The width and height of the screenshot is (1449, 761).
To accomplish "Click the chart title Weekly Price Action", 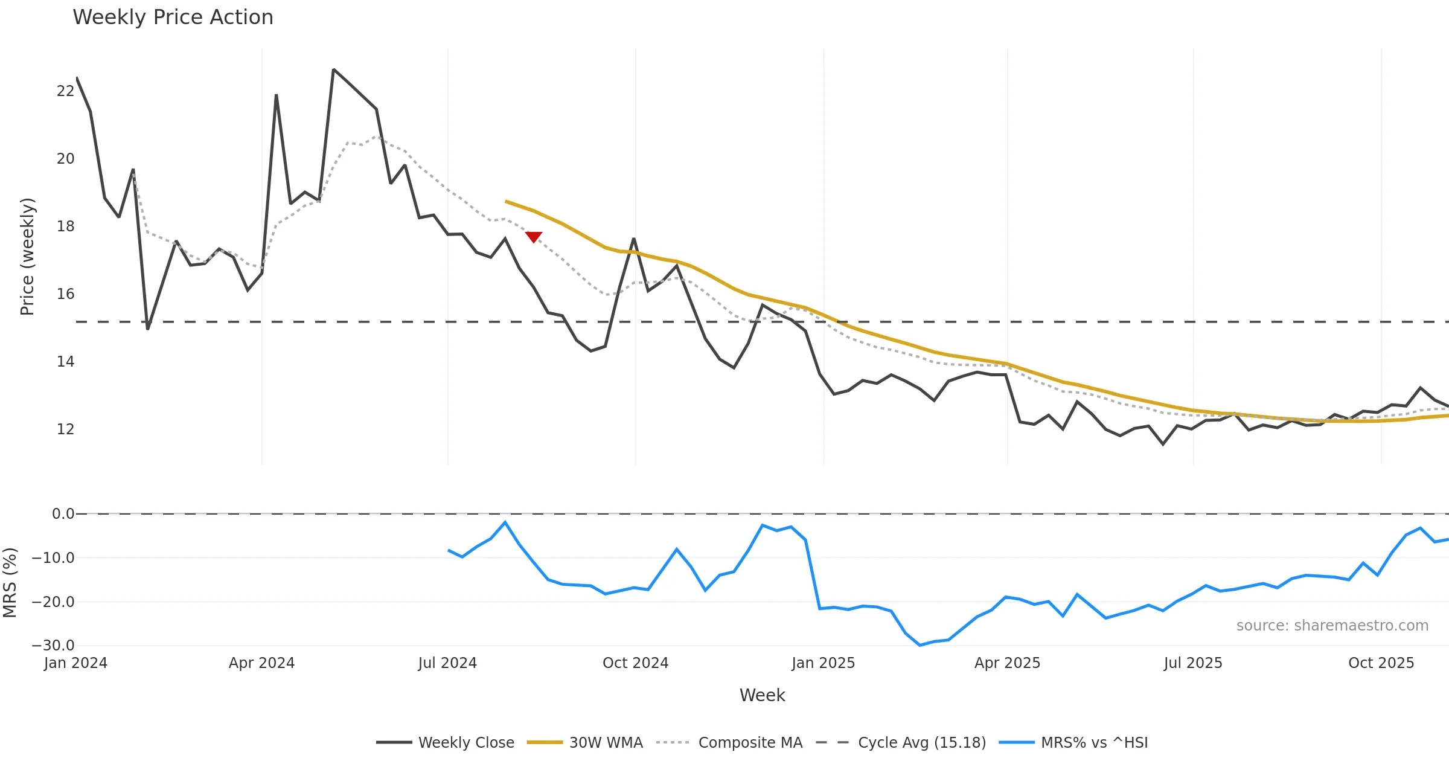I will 173,18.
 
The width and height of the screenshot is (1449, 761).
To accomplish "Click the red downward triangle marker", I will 533,236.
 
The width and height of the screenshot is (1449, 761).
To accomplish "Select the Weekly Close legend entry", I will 446,742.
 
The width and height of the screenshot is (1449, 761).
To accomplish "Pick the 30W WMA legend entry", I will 585,742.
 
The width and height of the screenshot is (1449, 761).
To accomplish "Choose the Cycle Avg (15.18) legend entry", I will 901,742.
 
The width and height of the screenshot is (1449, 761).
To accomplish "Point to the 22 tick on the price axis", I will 65,91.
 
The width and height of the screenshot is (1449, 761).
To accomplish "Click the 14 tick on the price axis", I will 65,362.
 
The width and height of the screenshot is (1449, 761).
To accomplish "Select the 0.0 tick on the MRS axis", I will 63,514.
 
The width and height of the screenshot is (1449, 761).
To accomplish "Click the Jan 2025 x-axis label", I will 823,663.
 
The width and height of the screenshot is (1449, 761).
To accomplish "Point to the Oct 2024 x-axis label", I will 635,663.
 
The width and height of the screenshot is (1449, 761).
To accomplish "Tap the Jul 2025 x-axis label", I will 1192,663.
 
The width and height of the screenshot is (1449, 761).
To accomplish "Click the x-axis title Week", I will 762,695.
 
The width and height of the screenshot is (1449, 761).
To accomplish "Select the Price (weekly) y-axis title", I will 27,257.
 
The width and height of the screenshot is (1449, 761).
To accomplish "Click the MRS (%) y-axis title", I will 10,583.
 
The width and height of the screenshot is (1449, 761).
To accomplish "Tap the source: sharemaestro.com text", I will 1332,626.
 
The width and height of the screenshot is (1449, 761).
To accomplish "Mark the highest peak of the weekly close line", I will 333,69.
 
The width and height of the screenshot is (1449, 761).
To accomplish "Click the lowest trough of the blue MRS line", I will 920,645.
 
